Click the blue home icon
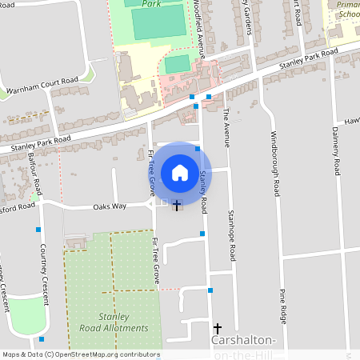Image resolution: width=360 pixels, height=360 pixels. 180,172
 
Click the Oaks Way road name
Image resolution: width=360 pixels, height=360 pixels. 110,206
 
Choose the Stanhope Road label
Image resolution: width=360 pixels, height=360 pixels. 232,235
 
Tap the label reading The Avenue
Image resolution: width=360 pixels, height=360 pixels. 226,128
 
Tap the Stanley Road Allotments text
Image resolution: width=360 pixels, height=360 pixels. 114,322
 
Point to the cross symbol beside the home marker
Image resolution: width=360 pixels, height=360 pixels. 176,206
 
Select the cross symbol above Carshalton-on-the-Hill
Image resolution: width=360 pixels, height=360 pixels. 217,329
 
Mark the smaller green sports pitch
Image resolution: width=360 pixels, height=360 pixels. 178,62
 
